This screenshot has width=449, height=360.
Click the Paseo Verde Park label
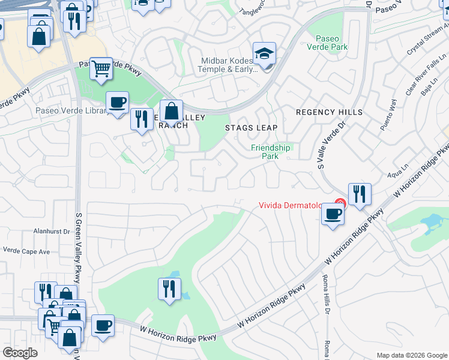[327, 42]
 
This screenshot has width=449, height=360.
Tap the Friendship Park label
[270, 152]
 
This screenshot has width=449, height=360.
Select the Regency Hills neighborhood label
[330, 112]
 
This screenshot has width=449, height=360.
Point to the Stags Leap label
[252, 128]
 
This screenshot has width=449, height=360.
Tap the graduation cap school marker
[264, 55]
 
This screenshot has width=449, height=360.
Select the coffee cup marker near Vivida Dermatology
[333, 214]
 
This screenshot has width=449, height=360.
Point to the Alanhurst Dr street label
[52, 230]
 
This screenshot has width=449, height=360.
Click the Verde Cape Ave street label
[26, 251]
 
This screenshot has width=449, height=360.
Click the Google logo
[20, 353]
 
